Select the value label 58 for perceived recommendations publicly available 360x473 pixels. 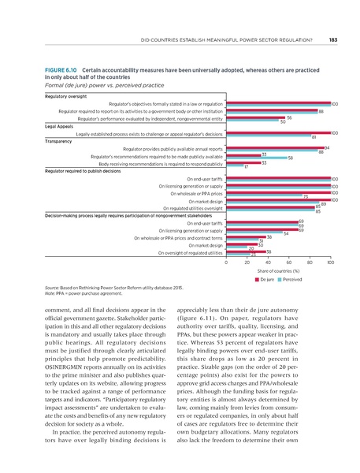pyautogui.click(x=291, y=158)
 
